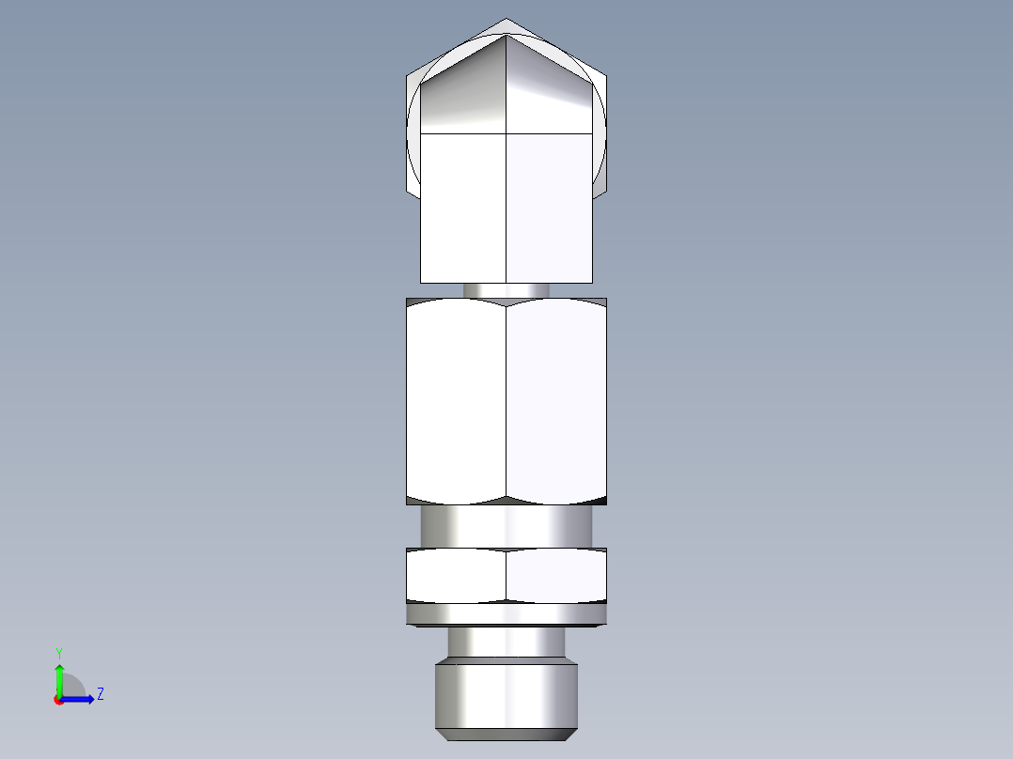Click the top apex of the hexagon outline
(x=506, y=19)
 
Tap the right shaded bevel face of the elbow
(x=550, y=94)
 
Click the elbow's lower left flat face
(x=463, y=207)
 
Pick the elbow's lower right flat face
(x=550, y=207)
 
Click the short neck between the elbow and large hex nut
(x=506, y=290)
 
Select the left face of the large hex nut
(x=457, y=402)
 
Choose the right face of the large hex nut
(x=556, y=402)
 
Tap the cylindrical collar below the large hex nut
(x=506, y=526)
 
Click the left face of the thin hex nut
(x=457, y=575)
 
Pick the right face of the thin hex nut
(x=556, y=575)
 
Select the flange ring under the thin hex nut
(x=506, y=614)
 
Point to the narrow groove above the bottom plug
(x=506, y=643)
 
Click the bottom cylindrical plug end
(x=506, y=695)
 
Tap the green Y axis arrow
(x=59, y=676)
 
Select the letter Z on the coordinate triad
(x=100, y=694)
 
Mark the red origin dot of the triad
(x=58, y=700)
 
